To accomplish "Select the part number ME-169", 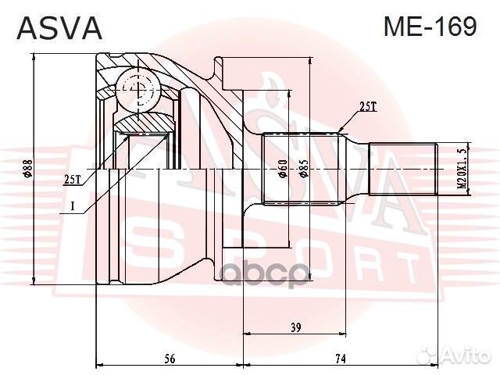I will pyautogui.click(x=429, y=27).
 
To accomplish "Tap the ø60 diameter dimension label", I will pyautogui.click(x=284, y=170).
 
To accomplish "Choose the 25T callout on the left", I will pyautogui.click(x=72, y=179).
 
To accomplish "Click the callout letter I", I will pyautogui.click(x=73, y=206).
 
